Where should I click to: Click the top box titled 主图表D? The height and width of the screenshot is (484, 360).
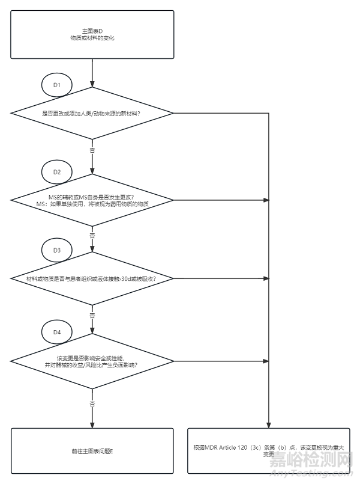point(92,34)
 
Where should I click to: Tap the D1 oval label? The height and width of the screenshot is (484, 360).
point(57,85)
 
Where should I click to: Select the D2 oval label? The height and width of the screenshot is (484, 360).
point(57,172)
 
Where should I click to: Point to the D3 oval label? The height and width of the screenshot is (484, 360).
point(57,250)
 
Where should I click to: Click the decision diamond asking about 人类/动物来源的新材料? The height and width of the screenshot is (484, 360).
point(92,114)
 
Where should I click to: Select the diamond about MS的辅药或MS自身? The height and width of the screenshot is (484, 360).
point(92,200)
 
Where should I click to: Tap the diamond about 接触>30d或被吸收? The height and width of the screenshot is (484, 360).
point(92,278)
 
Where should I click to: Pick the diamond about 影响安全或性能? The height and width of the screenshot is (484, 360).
point(92,361)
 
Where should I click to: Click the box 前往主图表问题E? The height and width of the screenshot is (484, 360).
point(92,451)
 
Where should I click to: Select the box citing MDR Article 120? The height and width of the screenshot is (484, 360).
point(269,451)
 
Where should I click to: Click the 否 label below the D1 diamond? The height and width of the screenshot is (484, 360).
point(92,149)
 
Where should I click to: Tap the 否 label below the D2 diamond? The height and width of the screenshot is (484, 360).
point(92,235)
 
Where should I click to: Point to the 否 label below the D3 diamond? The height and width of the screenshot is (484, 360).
point(92,315)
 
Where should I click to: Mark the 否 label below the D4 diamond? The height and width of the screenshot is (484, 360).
point(92,402)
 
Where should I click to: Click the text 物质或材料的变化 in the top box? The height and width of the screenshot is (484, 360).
point(92,38)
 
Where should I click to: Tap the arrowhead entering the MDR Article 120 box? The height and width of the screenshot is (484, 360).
point(269,424)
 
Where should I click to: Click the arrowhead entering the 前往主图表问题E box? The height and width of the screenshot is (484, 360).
point(92,424)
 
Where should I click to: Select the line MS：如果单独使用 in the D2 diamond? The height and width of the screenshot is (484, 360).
point(92,204)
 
